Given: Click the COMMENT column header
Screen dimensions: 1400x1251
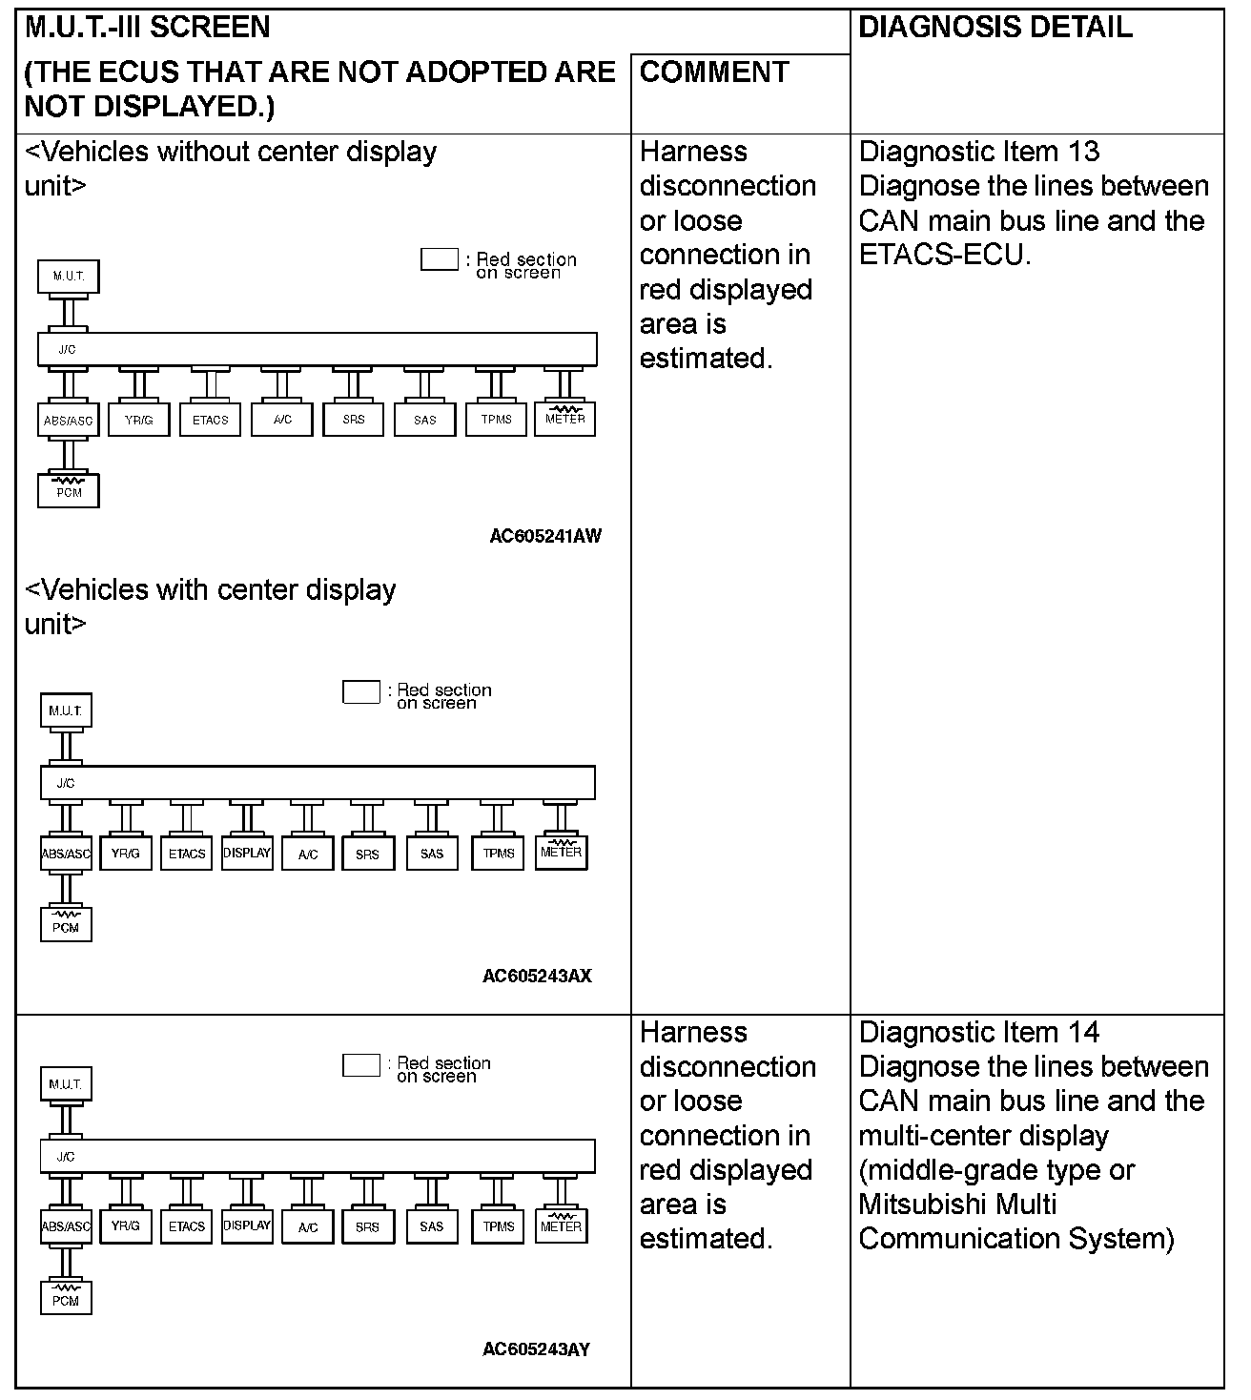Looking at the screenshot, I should (714, 72).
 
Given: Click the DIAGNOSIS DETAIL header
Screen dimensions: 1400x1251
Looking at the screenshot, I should (995, 28).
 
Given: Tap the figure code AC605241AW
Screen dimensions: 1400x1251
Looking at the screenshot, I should (545, 536).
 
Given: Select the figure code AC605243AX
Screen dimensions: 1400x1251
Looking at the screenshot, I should (537, 976).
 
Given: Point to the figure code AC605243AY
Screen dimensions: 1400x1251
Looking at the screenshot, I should (536, 1349).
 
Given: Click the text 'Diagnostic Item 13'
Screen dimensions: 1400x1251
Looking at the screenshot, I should (978, 152).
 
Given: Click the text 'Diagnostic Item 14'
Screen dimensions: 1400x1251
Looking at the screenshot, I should (978, 1032).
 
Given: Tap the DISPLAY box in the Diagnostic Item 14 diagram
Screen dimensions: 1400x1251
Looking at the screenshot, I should (247, 1226).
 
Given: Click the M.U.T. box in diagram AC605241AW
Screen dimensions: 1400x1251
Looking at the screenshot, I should (69, 277).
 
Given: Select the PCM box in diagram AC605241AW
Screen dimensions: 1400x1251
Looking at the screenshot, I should (69, 490).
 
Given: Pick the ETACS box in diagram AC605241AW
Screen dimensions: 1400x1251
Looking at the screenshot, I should (211, 420).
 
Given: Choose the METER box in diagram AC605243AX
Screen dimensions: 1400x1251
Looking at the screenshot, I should (561, 852).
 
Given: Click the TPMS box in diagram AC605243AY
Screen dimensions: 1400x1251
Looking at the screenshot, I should (498, 1226).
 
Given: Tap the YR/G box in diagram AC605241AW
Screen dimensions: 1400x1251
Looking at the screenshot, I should (139, 420).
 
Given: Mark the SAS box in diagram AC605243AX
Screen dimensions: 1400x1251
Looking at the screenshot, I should (432, 854).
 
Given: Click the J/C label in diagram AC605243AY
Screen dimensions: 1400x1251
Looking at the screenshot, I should (66, 1157).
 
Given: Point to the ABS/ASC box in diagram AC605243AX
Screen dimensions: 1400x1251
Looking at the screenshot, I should (67, 854).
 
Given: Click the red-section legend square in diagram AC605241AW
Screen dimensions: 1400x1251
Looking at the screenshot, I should (440, 259).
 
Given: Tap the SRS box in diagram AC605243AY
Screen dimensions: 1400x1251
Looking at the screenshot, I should (367, 1227).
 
